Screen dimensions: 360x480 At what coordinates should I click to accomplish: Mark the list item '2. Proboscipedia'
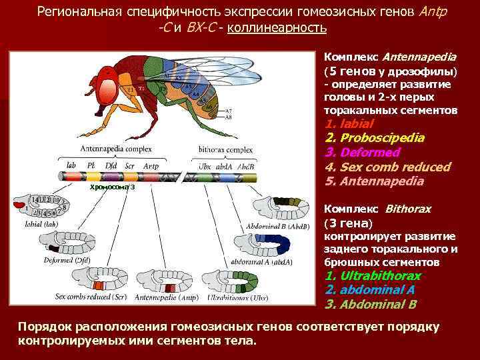pos(384,138)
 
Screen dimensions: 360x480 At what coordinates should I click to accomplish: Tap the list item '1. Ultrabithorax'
pos(373,276)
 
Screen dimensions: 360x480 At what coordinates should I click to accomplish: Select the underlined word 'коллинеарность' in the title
pos(276,28)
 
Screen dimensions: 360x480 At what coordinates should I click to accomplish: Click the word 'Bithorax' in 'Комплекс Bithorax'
pos(407,209)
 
